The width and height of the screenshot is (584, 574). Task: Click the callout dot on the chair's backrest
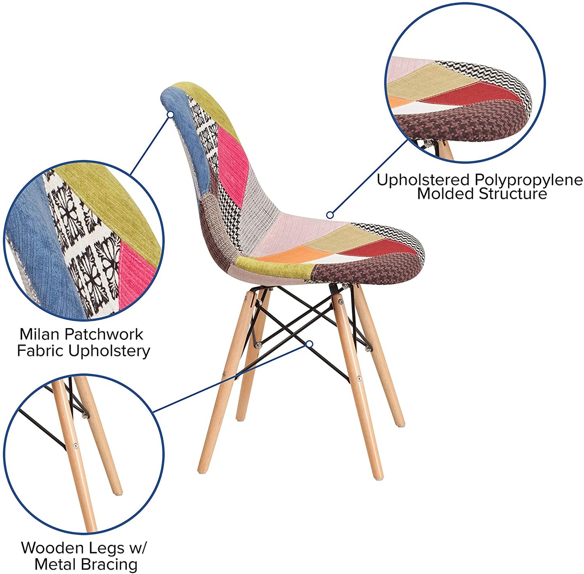coord(171,115)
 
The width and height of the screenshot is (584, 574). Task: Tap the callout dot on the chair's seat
coord(330,215)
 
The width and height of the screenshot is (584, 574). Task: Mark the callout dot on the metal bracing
coord(310,344)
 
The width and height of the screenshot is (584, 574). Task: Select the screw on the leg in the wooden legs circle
coord(75,446)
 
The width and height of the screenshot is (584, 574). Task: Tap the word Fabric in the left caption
coord(40,351)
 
